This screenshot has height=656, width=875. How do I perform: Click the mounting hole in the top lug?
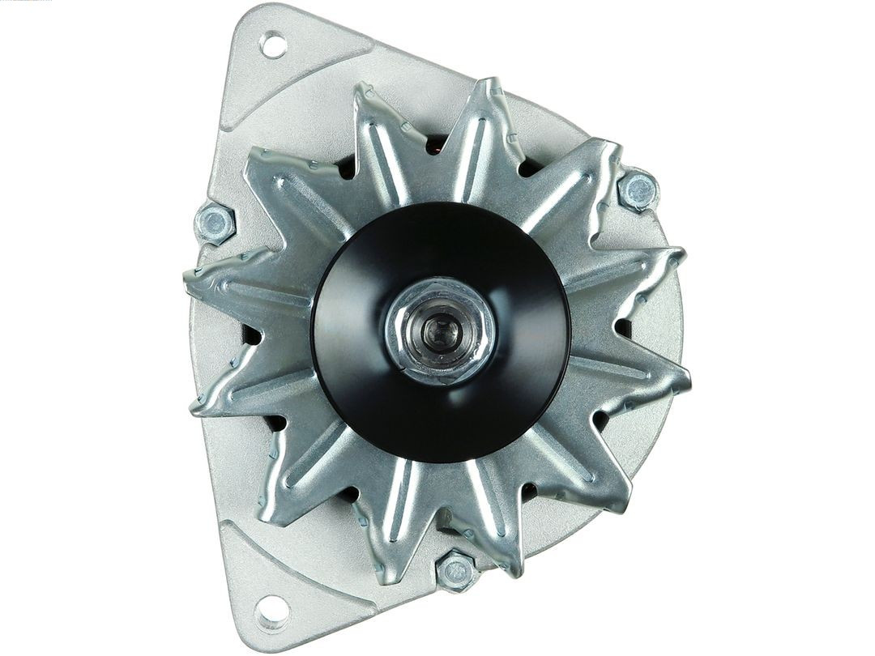tap(273, 45)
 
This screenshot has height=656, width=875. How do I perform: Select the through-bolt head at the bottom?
tap(456, 570)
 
